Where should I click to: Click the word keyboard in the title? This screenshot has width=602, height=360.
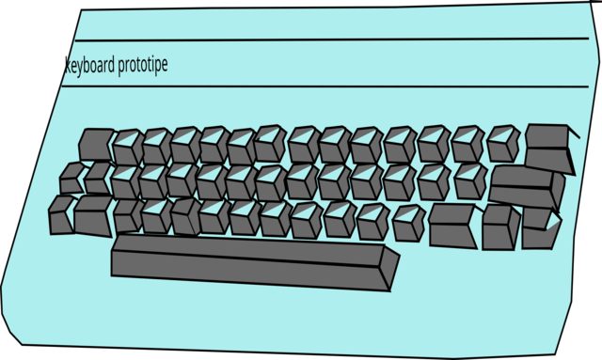point(90,66)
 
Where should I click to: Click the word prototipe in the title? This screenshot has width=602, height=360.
point(143,67)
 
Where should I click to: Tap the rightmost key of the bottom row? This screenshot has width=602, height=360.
point(540,228)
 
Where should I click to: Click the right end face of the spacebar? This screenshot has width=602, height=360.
point(388,267)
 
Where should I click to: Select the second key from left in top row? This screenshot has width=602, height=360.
point(126,147)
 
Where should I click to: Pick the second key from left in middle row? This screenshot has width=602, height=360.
point(98,177)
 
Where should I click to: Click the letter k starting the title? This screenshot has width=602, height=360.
point(67,65)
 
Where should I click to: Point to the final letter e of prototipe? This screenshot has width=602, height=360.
point(165,66)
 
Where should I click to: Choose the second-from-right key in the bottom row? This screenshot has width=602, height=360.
point(500,227)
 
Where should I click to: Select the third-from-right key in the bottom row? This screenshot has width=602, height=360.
point(452,226)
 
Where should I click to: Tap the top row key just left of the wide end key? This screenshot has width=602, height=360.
point(502,143)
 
